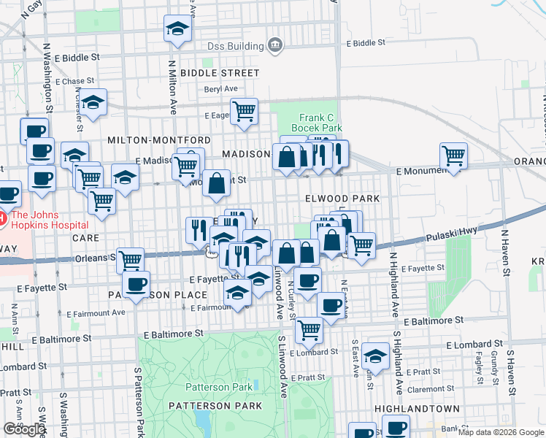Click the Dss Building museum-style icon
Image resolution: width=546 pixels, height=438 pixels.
pos(275,45)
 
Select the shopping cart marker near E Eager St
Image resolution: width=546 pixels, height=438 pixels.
pos(244,112)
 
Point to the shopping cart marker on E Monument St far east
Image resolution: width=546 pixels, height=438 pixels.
pos(454,155)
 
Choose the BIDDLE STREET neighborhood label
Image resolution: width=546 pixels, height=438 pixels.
pos(220,73)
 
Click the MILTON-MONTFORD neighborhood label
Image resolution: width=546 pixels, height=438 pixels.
pos(159,139)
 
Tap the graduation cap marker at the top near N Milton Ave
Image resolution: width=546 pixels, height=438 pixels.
pos(177,29)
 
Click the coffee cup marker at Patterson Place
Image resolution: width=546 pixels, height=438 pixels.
pos(136,285)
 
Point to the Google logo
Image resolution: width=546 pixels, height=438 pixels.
pos(24,429)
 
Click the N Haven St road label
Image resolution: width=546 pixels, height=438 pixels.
pos(504,255)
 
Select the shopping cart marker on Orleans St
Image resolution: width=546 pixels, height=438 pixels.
pos(130,259)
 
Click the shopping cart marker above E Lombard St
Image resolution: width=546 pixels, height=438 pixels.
pos(309,330)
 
